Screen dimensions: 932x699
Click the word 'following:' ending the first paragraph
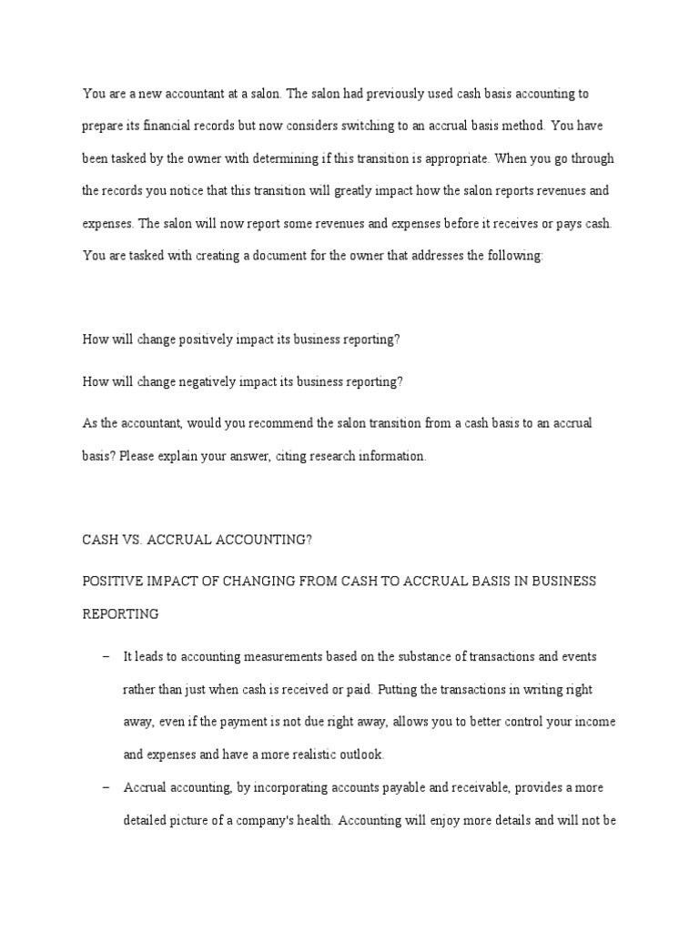click(x=514, y=257)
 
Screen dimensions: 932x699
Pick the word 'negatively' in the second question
click(x=215, y=382)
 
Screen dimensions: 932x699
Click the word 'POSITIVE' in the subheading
click(x=112, y=581)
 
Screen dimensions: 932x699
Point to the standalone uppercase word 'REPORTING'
click(x=121, y=613)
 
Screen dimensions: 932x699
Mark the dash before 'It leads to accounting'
click(x=106, y=656)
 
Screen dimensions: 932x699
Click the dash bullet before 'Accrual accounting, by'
click(x=106, y=787)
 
